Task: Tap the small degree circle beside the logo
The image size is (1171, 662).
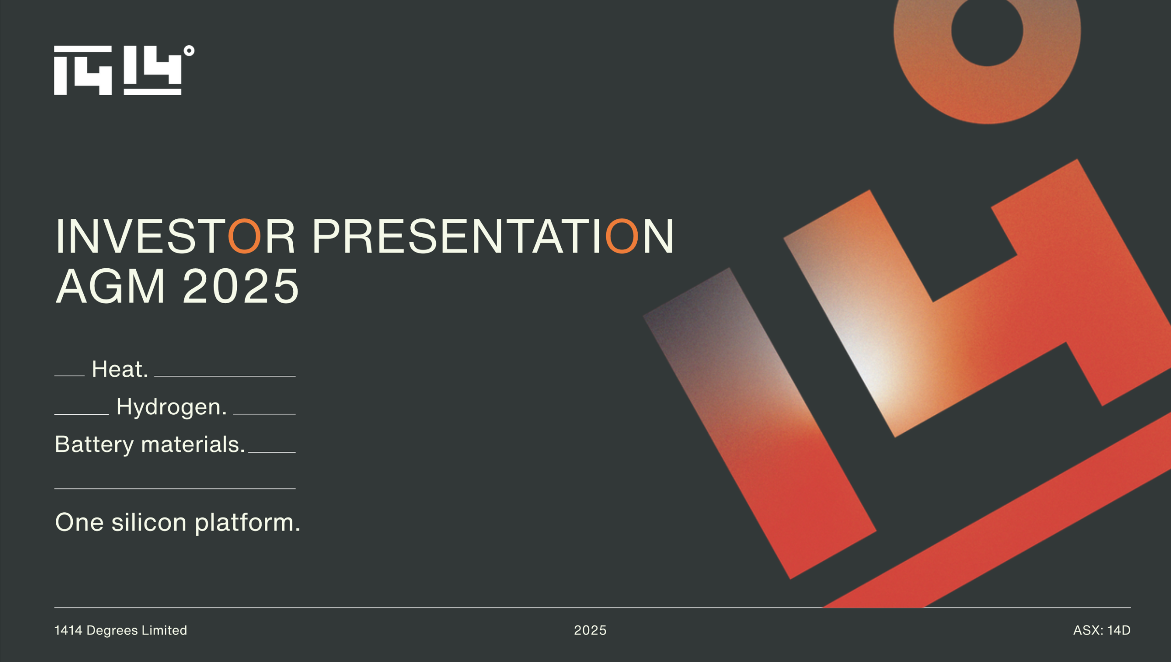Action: pos(189,51)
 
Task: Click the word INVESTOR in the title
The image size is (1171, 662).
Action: pos(175,236)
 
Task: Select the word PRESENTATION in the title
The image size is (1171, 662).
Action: pos(493,236)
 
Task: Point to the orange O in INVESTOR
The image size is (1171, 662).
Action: pos(244,236)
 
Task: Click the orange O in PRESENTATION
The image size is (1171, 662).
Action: pos(622,236)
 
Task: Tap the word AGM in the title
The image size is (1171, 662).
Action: pos(110,286)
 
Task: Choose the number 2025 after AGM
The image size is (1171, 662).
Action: pos(241,286)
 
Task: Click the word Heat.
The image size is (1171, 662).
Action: pos(120,369)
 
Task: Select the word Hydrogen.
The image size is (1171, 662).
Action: pos(172,407)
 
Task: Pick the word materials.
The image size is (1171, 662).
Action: pos(193,445)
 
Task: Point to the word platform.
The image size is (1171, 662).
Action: pos(247,523)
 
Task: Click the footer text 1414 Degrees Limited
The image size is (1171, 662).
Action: pos(121,630)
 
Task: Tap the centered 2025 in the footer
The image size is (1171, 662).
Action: pos(590,630)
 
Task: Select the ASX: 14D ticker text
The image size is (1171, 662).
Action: pos(1101,630)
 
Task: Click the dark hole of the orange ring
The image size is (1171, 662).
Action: pos(987,30)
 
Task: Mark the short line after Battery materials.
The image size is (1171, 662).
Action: pos(272,452)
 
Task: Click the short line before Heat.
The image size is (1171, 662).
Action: pos(70,376)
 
